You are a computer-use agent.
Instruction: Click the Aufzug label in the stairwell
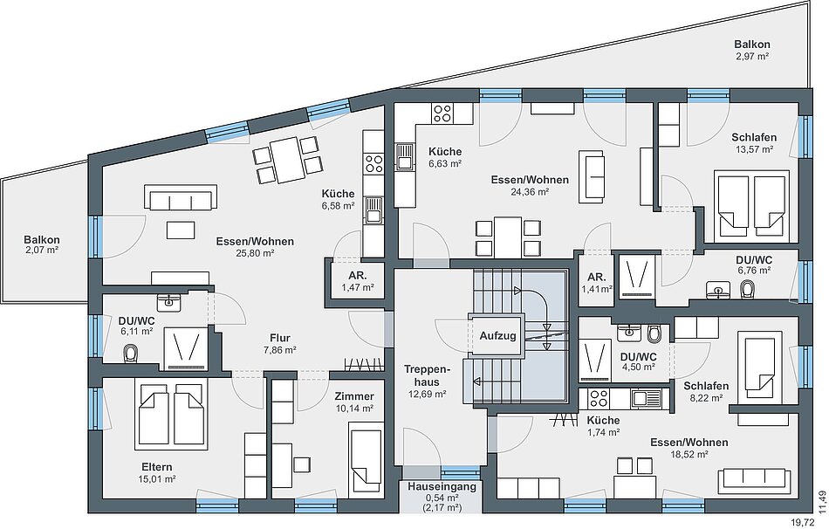tap(497, 335)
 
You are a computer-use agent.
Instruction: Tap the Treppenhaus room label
tap(427, 375)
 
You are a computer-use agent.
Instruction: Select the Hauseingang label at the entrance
tap(442, 487)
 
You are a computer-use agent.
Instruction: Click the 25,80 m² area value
tap(255, 253)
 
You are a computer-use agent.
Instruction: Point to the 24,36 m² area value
tap(530, 191)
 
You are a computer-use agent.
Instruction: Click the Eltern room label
tap(156, 467)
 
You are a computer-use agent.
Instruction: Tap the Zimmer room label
tap(354, 396)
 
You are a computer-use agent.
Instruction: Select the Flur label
tap(280, 338)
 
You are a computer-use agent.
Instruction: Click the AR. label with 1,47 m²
tap(358, 276)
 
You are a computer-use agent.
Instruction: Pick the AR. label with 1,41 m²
tap(596, 278)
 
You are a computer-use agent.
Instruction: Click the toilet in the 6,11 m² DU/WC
tap(130, 354)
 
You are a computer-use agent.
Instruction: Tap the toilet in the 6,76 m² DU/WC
tap(747, 288)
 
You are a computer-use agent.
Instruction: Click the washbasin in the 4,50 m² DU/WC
tap(629, 333)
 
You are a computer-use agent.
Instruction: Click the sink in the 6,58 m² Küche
tap(373, 210)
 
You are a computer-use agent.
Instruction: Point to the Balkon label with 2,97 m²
tap(752, 45)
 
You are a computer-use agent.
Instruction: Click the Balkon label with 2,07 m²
tap(42, 240)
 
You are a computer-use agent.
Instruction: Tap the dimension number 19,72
tap(801, 522)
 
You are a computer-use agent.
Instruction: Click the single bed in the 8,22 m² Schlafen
tap(760, 363)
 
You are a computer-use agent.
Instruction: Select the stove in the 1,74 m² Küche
tap(599, 398)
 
